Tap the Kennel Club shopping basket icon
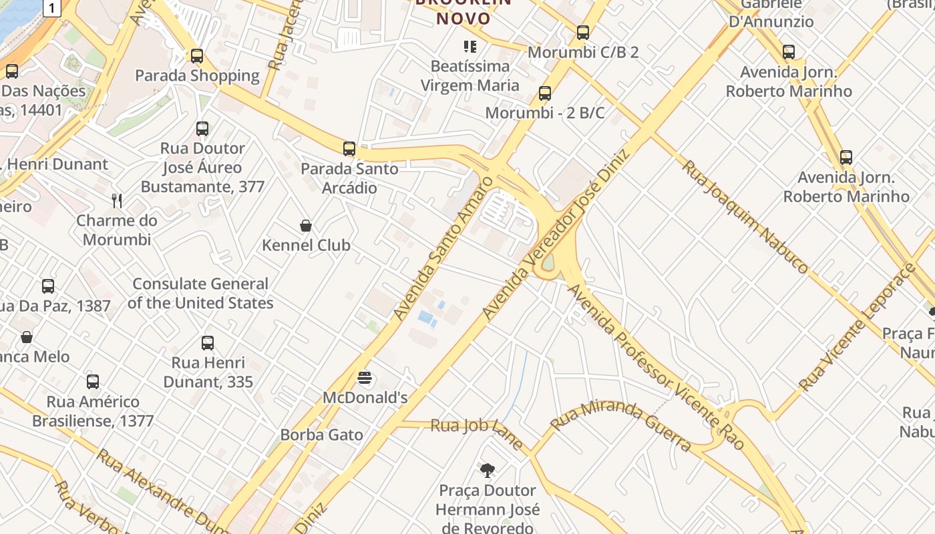[306, 226]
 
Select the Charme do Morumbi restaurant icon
[117, 200]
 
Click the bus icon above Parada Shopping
[196, 56]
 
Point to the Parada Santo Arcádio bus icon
[349, 149]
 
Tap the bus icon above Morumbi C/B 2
[583, 32]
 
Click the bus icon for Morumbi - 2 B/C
[545, 93]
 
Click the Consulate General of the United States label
[200, 293]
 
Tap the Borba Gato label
[322, 435]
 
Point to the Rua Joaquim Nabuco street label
[745, 215]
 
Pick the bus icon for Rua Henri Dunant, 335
[208, 343]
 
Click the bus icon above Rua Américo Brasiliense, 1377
[93, 382]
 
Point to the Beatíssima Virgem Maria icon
[470, 47]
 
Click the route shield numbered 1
[53, 7]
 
